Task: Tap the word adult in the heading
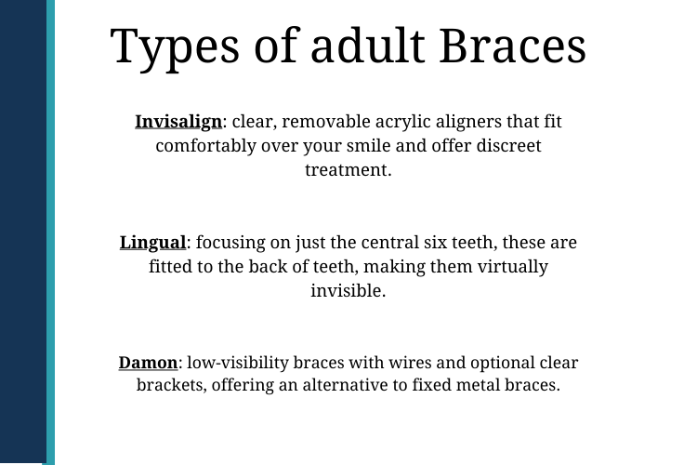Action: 367,45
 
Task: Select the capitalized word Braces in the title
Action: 513,46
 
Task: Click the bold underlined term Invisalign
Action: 178,122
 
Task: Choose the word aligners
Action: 465,122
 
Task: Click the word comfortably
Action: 205,146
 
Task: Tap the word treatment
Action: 347,170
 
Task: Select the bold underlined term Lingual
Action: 153,243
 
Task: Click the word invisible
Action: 347,290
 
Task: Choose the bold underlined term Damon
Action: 148,362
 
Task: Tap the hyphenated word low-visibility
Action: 238,363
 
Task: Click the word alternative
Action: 355,384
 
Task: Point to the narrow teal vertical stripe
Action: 51,232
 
